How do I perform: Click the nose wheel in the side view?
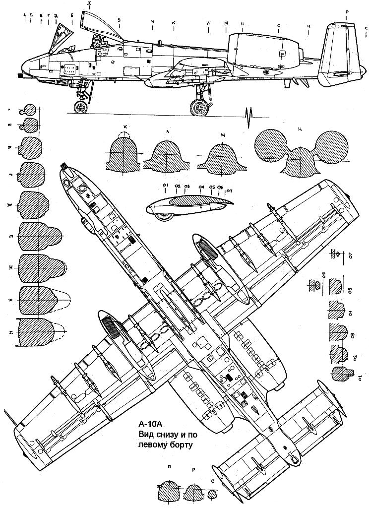click(x=80, y=107)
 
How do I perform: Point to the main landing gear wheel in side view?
click(x=199, y=108)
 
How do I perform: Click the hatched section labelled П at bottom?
click(x=169, y=494)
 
